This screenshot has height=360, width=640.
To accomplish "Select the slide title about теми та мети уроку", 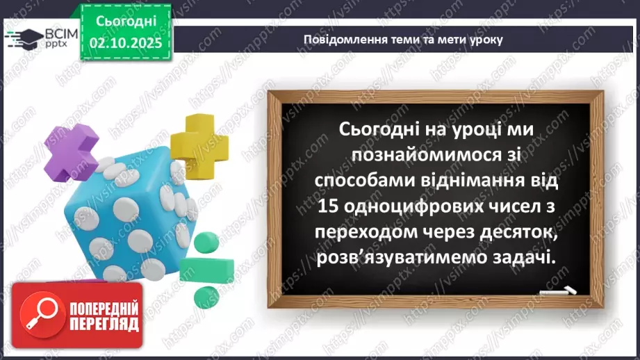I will point(403,39).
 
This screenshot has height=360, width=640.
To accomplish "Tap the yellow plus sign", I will point(199,143).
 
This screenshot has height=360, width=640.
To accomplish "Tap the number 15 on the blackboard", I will point(328,206).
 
